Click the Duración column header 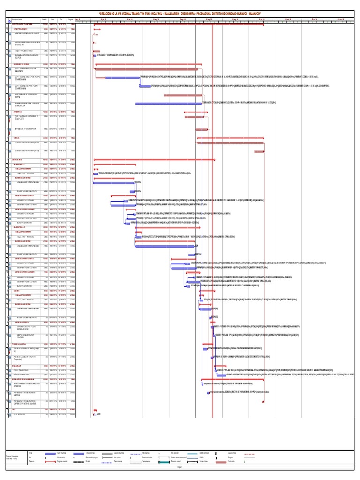tap(44, 19)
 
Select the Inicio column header tap(53, 19)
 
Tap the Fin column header tap(62, 19)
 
